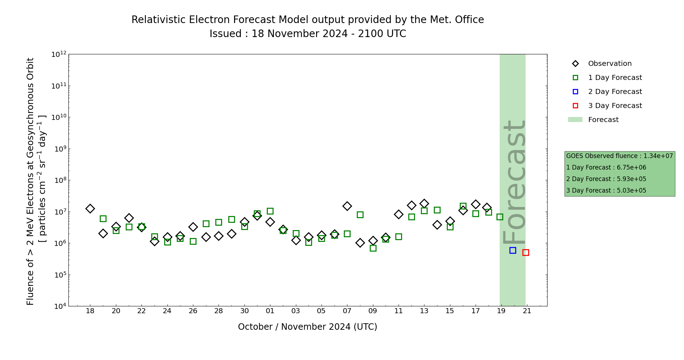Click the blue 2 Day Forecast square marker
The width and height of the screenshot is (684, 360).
coord(513,250)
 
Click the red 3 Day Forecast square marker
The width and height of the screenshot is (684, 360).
coord(526,252)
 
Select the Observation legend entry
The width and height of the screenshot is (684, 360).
coord(609,64)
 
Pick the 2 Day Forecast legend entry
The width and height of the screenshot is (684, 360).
coord(615,92)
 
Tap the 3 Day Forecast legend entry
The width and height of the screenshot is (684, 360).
coord(615,106)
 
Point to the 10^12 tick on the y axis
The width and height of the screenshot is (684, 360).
coord(59,54)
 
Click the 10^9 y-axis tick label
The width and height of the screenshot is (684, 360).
coord(59,149)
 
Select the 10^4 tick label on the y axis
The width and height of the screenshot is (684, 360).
coord(59,306)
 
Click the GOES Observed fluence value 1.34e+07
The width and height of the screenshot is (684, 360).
coord(658,156)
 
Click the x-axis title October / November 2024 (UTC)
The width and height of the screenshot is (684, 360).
coord(307,327)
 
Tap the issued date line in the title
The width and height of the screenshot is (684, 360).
coord(307,34)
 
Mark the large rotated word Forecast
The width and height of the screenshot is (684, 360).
coord(514,182)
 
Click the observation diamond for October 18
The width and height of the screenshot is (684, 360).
coord(90,208)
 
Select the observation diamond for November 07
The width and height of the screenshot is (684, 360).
coord(347,206)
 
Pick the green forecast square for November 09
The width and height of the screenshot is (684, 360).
coord(373,248)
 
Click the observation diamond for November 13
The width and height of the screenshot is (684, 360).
coord(424,203)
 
